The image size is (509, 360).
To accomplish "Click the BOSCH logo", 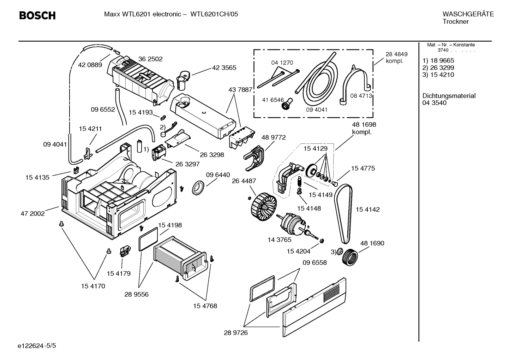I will click(37, 16).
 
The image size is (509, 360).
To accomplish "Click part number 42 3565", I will click(224, 67).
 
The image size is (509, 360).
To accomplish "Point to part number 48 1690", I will click(372, 243).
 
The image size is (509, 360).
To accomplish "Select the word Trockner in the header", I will click(455, 22).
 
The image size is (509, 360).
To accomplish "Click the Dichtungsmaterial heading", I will click(449, 96).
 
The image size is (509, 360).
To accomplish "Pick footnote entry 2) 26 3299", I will click(438, 67).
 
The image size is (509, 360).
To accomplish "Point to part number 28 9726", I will click(236, 332).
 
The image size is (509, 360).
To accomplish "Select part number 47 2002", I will click(32, 213).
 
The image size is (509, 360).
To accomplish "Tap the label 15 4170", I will click(93, 286).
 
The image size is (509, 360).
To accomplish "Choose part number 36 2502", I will click(150, 59).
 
